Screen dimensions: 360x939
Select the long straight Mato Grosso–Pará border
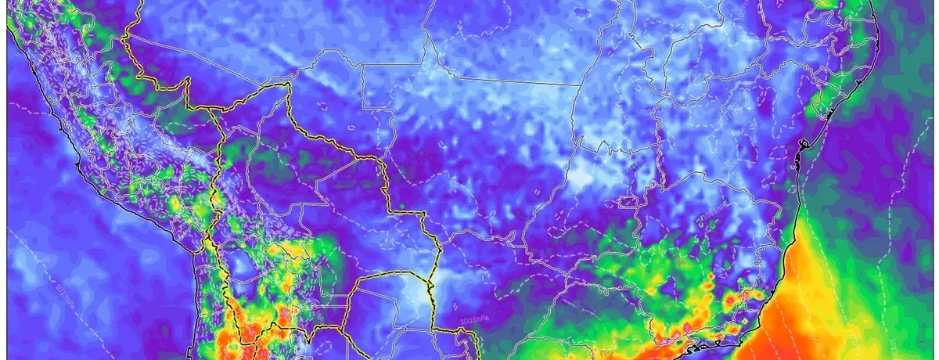pos(509,78)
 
